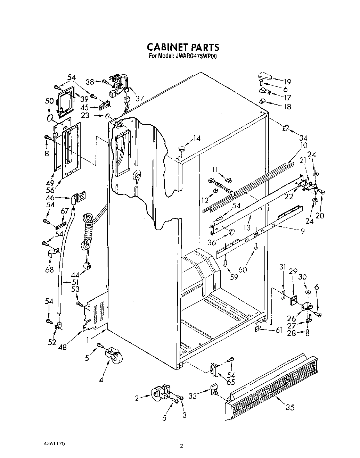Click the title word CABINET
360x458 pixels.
click(x=166, y=47)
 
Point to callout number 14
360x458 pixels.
click(x=197, y=139)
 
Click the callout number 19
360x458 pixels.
click(x=287, y=82)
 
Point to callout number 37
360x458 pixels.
click(x=140, y=99)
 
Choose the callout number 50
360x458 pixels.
click(x=49, y=101)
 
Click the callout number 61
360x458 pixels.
click(x=278, y=331)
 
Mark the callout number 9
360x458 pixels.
click(x=303, y=231)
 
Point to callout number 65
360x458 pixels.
click(x=230, y=383)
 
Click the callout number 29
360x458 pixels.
click(x=293, y=272)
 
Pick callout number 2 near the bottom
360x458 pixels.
click(x=137, y=399)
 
